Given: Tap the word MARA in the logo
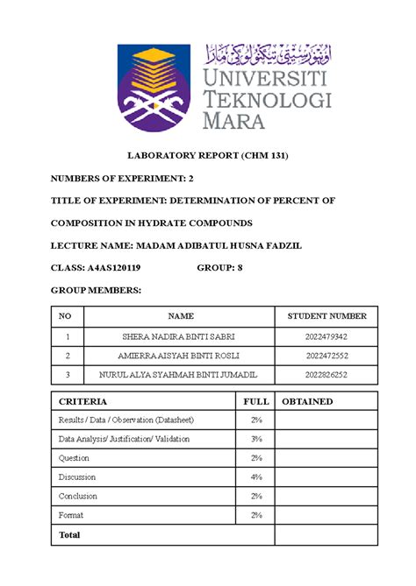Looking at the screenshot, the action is tap(236, 120).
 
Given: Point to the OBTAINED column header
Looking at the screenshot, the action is tap(307, 401).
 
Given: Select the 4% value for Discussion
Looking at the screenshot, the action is tap(255, 477).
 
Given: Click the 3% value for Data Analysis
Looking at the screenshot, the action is tap(255, 438).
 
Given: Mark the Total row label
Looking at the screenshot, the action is tap(68, 533).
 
